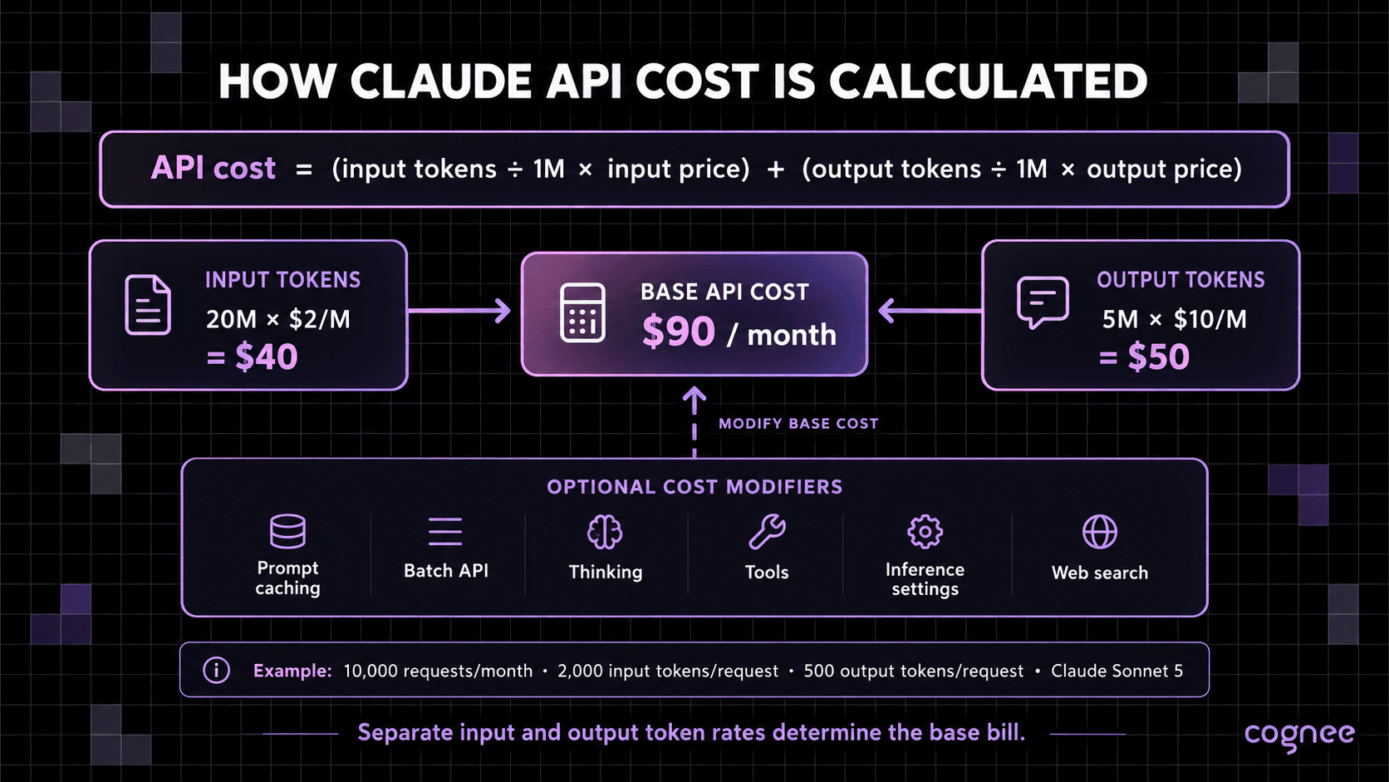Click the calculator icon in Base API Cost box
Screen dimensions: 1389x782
pyautogui.click(x=582, y=312)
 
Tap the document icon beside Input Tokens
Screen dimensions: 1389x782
pyautogui.click(x=148, y=305)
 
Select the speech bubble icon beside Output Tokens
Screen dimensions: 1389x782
pyautogui.click(x=1043, y=302)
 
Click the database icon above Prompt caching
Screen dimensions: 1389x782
pyautogui.click(x=287, y=532)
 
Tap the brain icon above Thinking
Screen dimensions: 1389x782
pyautogui.click(x=605, y=532)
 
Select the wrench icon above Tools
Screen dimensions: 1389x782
pyautogui.click(x=767, y=532)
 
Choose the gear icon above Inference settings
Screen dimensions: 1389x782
pyautogui.click(x=925, y=532)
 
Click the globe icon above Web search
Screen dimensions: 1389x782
pyautogui.click(x=1100, y=532)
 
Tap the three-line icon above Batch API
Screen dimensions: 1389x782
pyautogui.click(x=445, y=532)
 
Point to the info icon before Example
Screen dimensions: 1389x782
pyautogui.click(x=217, y=671)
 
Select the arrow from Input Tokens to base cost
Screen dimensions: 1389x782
pyautogui.click(x=459, y=311)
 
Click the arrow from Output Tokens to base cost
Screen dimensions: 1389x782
pyautogui.click(x=930, y=311)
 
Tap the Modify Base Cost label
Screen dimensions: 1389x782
pyautogui.click(x=798, y=424)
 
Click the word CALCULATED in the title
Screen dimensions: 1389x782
pyautogui.click(x=988, y=81)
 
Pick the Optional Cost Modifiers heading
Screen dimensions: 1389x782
pyautogui.click(x=694, y=487)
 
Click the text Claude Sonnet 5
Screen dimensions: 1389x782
pyautogui.click(x=1117, y=671)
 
